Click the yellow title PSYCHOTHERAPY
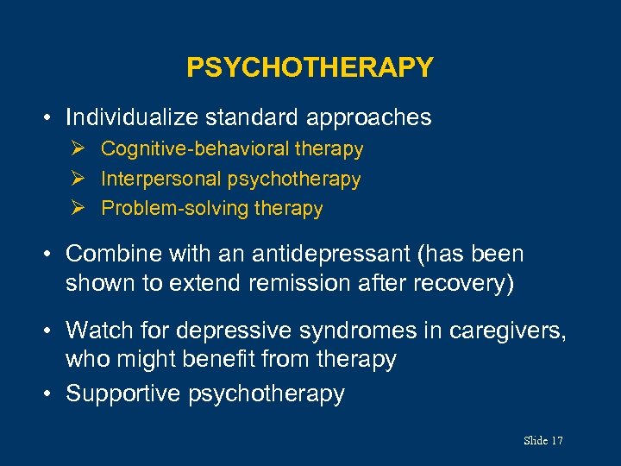310,67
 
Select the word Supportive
123,394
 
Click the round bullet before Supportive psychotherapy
52,394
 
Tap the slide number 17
555,441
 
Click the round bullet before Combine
52,255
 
